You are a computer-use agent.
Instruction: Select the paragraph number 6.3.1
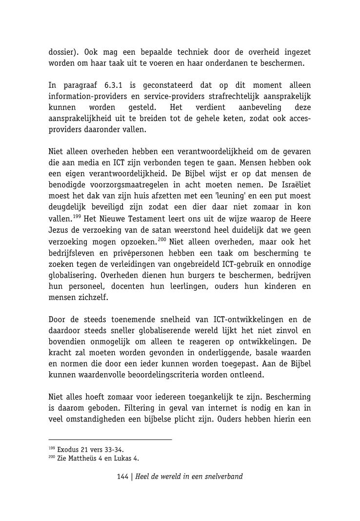coord(113,85)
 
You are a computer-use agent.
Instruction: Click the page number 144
coord(122,477)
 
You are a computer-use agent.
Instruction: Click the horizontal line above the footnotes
coord(110,440)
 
